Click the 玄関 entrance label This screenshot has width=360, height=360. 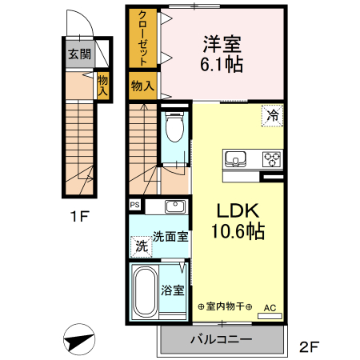pos(79,54)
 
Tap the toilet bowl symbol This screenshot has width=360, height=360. pos(174,126)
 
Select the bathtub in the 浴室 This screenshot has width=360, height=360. pos(145,291)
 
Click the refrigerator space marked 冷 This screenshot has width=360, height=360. pos(272,115)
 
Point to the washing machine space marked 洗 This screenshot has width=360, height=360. pos(142,246)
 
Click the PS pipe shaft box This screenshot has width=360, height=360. pos(135,205)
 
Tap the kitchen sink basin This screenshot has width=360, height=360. pos(235,158)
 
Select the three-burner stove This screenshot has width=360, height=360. pos(272,159)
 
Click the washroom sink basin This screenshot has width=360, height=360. pos(175,206)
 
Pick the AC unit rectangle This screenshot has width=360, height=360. pos(270,316)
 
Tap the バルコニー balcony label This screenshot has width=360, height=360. pos(221,339)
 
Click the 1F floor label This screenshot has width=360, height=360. pos(79,216)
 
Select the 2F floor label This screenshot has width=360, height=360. pos(310,346)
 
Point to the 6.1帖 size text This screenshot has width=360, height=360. pos(222,65)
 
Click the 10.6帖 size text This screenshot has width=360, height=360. pos(238,231)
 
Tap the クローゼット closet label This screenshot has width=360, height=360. pos(143,38)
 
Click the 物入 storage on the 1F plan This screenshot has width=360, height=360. pos(102,86)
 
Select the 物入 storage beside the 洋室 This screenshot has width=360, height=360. pos(142,86)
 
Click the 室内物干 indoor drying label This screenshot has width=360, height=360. pos(225,306)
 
